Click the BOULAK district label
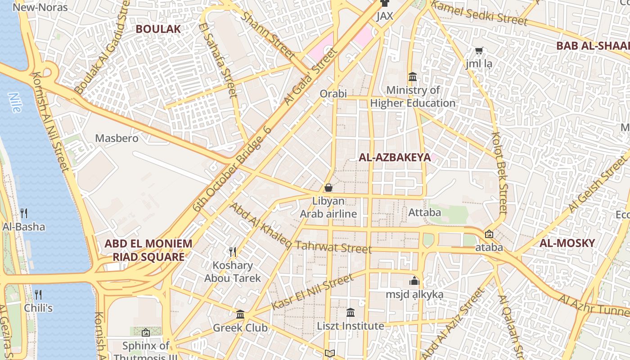pos(158,29)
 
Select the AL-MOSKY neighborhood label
pos(567,243)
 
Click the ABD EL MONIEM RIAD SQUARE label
pos(148,250)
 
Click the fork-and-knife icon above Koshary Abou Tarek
pos(233,252)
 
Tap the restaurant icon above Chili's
pos(38,295)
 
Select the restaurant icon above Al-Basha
pos(24,213)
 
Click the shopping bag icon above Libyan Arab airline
pos(328,188)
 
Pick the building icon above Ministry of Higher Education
pos(412,77)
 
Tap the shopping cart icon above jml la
pos(479,51)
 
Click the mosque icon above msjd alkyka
pos(414,281)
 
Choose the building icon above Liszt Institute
pos(351,312)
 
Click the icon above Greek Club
pos(240,314)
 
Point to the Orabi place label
pos(333,94)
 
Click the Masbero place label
pos(117,138)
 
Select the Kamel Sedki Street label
pos(479,13)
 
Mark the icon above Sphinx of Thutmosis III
pos(145,333)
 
